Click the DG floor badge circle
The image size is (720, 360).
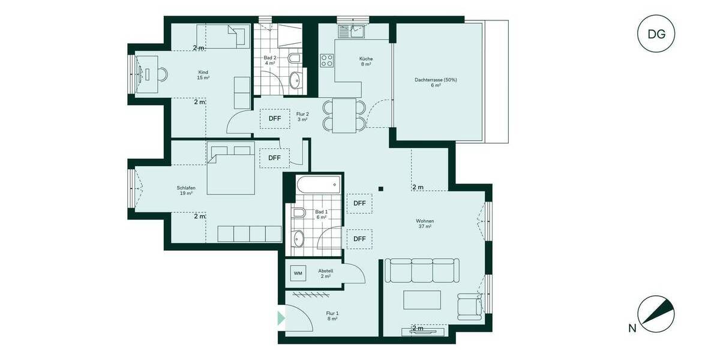(656, 34)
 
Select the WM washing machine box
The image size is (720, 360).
(298, 273)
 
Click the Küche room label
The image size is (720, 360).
(366, 62)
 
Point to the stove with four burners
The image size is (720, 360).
(327, 60)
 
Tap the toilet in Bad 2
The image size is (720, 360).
(294, 58)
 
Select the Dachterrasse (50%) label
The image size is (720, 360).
(436, 83)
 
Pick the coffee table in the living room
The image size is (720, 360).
(422, 300)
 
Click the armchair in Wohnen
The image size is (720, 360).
(469, 306)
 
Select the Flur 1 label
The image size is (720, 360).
(332, 316)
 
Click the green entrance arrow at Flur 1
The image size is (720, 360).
(281, 318)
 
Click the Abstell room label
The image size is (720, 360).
(326, 274)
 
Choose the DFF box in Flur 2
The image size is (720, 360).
(274, 118)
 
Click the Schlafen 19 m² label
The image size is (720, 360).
(185, 190)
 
